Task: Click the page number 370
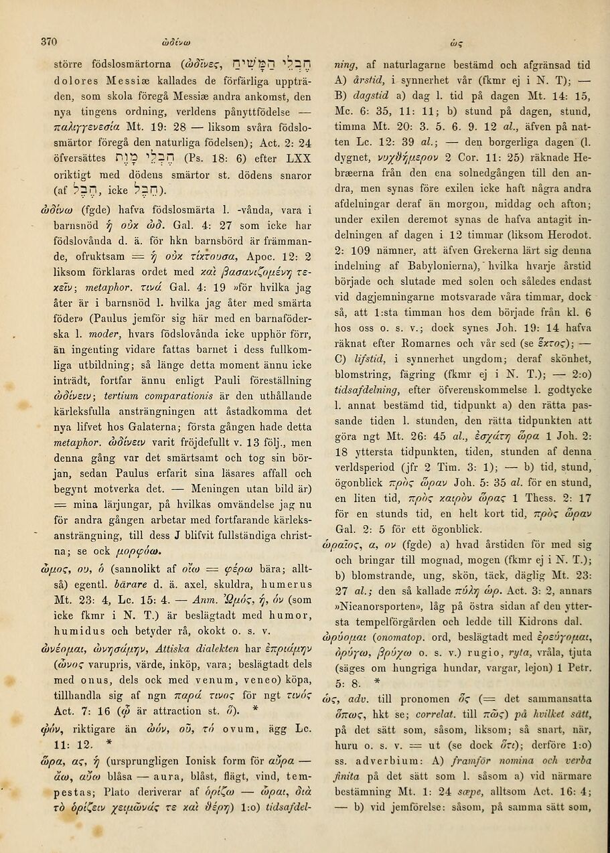(x=48, y=40)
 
